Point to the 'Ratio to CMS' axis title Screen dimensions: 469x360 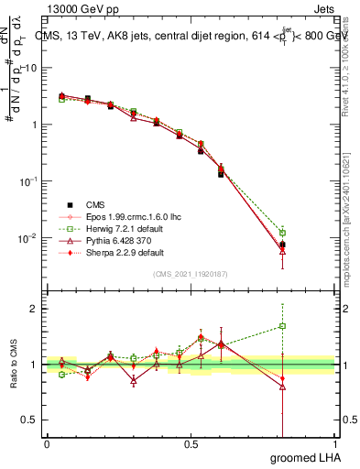pos(15,366)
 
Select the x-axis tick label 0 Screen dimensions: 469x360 pos(47,443)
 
